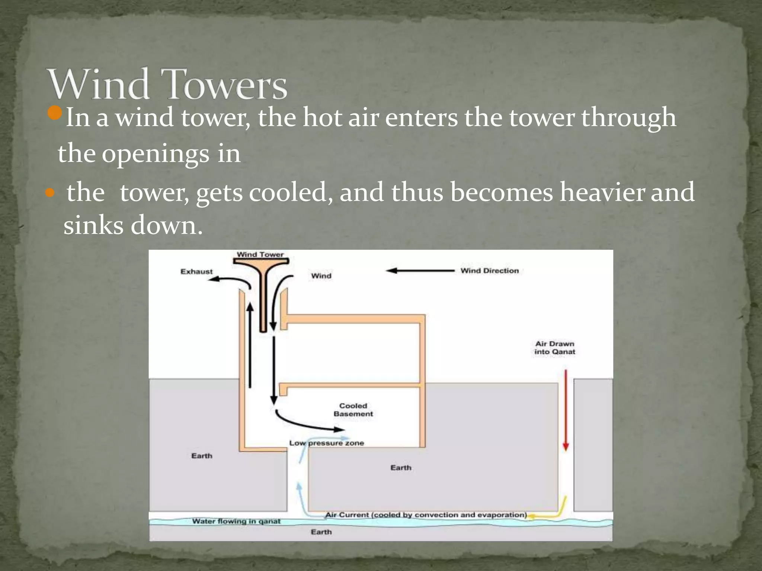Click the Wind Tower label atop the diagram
[x=260, y=255]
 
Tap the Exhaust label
[x=196, y=272]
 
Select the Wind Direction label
[x=489, y=271]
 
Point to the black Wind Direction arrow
[x=420, y=271]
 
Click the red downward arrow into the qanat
[x=566, y=409]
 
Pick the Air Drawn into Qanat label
[x=555, y=348]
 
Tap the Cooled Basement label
[x=353, y=410]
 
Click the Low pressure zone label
[x=326, y=443]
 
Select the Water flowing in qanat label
[x=236, y=521]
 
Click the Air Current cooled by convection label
[x=426, y=515]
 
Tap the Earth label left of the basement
[x=202, y=456]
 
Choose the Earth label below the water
[x=321, y=532]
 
